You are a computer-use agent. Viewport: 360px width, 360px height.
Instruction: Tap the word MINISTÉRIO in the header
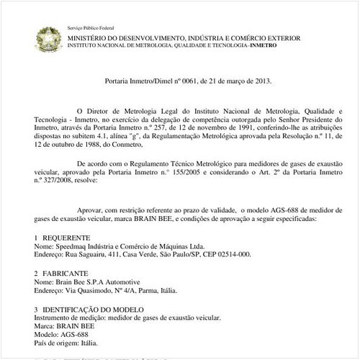point(91,36)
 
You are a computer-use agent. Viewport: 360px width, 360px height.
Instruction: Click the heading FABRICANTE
point(66,274)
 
